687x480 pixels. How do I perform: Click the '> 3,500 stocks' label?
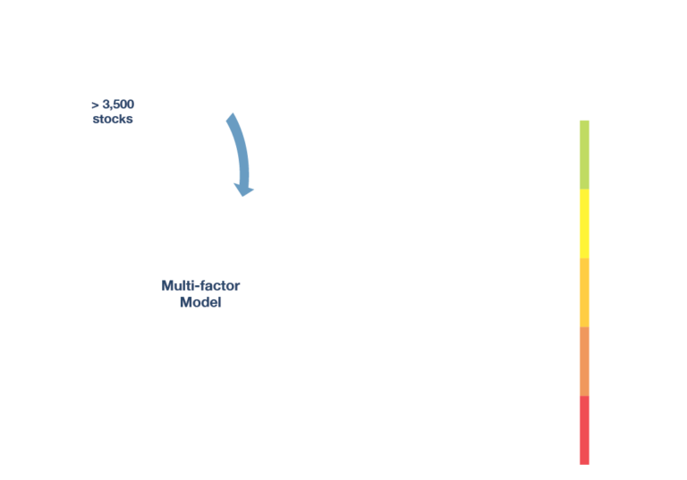pos(113,112)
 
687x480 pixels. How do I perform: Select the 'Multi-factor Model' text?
pos(200,294)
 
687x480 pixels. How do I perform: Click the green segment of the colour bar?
pos(584,155)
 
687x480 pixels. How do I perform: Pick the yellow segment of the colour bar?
pos(584,223)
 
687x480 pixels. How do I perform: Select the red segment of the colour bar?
pos(584,430)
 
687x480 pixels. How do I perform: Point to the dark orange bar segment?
pos(584,361)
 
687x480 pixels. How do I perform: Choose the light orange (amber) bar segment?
pos(584,292)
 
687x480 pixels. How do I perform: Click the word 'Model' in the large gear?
pos(200,303)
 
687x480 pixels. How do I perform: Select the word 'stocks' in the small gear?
pos(113,119)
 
